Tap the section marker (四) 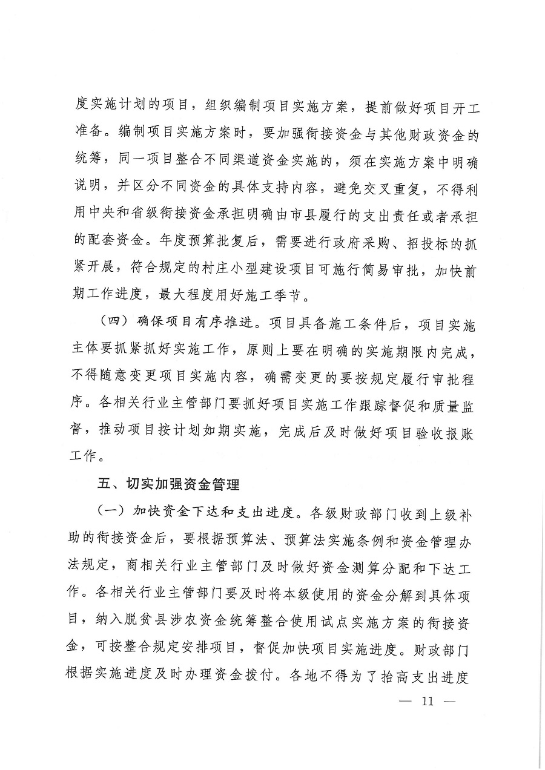(x=114, y=325)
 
